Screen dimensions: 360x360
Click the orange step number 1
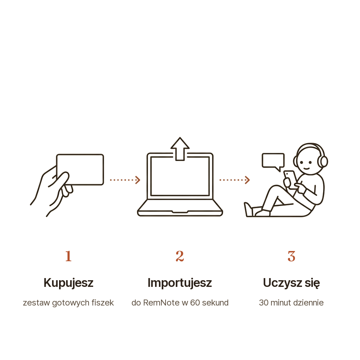click(x=69, y=256)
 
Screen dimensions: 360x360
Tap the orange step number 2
click(x=180, y=256)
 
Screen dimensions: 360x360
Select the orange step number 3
click(x=291, y=256)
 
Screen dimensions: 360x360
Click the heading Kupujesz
click(x=69, y=283)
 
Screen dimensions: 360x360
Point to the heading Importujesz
click(x=180, y=283)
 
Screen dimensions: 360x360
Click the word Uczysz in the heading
click(x=282, y=283)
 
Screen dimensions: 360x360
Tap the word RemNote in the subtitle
click(x=161, y=303)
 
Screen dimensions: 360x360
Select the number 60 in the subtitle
click(x=195, y=303)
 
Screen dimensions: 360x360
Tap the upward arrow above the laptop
click(x=180, y=149)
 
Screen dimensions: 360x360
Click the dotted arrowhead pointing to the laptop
click(x=138, y=180)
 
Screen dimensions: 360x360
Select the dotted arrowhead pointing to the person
click(x=247, y=180)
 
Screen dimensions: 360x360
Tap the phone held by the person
click(x=290, y=178)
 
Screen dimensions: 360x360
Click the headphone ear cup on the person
click(x=324, y=161)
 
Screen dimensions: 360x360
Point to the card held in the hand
click(x=80, y=169)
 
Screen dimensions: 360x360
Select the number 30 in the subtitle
click(x=264, y=303)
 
